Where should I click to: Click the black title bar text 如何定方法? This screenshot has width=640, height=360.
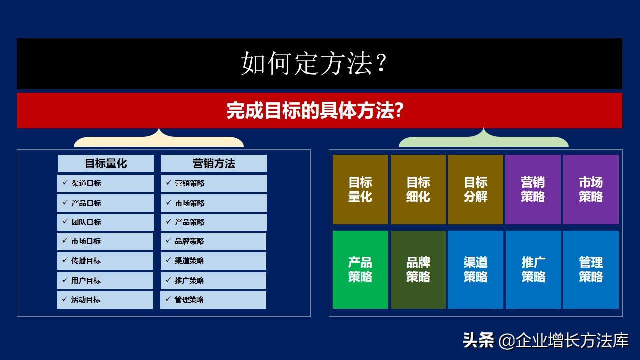(x=315, y=64)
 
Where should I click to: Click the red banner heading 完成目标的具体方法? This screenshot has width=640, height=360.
(x=315, y=110)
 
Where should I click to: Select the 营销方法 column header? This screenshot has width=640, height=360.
(x=214, y=163)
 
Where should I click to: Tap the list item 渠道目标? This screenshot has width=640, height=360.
(x=86, y=183)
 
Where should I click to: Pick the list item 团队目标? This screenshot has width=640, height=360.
(x=86, y=222)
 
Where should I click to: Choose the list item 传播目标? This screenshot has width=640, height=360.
(x=86, y=261)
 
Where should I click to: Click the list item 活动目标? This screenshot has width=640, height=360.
(x=86, y=300)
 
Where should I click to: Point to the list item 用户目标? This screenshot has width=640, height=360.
(x=86, y=281)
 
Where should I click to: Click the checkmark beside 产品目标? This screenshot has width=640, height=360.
(x=65, y=203)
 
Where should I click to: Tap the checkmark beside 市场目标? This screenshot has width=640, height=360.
(x=65, y=241)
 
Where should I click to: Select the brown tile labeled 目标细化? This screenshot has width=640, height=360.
(x=418, y=190)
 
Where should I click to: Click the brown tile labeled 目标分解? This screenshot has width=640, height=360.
(x=475, y=190)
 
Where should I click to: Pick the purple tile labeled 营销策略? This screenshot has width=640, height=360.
(x=533, y=190)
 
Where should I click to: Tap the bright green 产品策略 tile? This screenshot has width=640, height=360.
(x=360, y=270)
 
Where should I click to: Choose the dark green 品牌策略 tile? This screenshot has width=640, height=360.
(x=418, y=270)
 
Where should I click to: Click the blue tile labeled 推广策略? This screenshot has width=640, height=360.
(x=533, y=270)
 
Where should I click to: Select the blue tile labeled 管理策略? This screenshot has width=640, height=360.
(x=591, y=270)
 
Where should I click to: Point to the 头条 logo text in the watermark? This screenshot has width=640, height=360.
(x=478, y=341)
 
